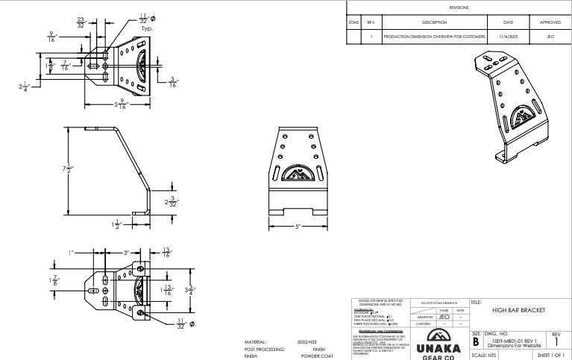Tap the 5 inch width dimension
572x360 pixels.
click(298, 227)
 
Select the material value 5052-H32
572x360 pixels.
click(308, 342)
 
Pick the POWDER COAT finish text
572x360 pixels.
click(309, 356)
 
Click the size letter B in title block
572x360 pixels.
click(477, 341)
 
